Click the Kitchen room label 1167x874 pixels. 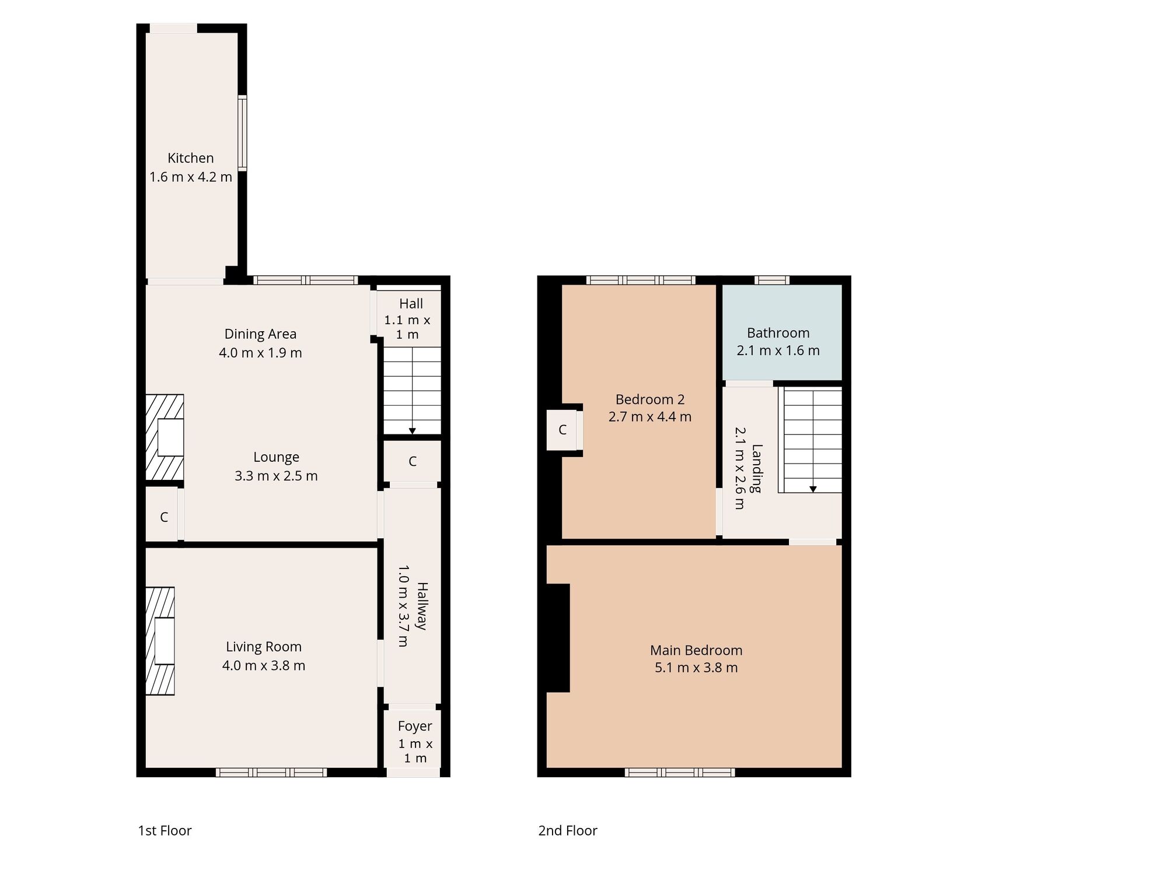(x=190, y=158)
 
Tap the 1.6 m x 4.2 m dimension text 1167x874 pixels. (x=190, y=177)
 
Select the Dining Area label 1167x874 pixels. (x=260, y=334)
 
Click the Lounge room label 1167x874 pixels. (x=276, y=457)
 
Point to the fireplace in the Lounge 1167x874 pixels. (x=165, y=438)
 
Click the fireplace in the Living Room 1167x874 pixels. (x=160, y=640)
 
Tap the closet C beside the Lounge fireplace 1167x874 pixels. (x=164, y=517)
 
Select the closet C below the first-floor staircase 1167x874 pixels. (x=412, y=462)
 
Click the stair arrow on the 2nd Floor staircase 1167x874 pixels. (x=812, y=489)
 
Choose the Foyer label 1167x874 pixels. (x=415, y=726)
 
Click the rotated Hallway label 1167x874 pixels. (x=422, y=606)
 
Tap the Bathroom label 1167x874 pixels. (x=778, y=333)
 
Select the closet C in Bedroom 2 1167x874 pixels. (x=562, y=430)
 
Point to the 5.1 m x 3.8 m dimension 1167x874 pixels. (x=696, y=668)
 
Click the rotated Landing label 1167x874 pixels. (x=757, y=468)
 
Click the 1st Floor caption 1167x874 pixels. (x=165, y=831)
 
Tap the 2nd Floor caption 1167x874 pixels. (x=567, y=831)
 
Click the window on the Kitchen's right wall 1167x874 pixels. (x=242, y=132)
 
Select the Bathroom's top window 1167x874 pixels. (x=771, y=280)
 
